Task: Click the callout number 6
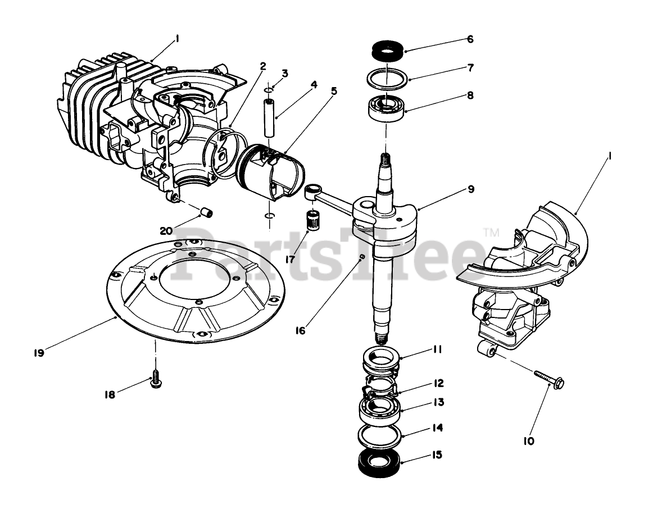pyautogui.click(x=470, y=39)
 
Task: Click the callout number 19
pyautogui.click(x=38, y=352)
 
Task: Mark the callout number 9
pyautogui.click(x=470, y=189)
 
